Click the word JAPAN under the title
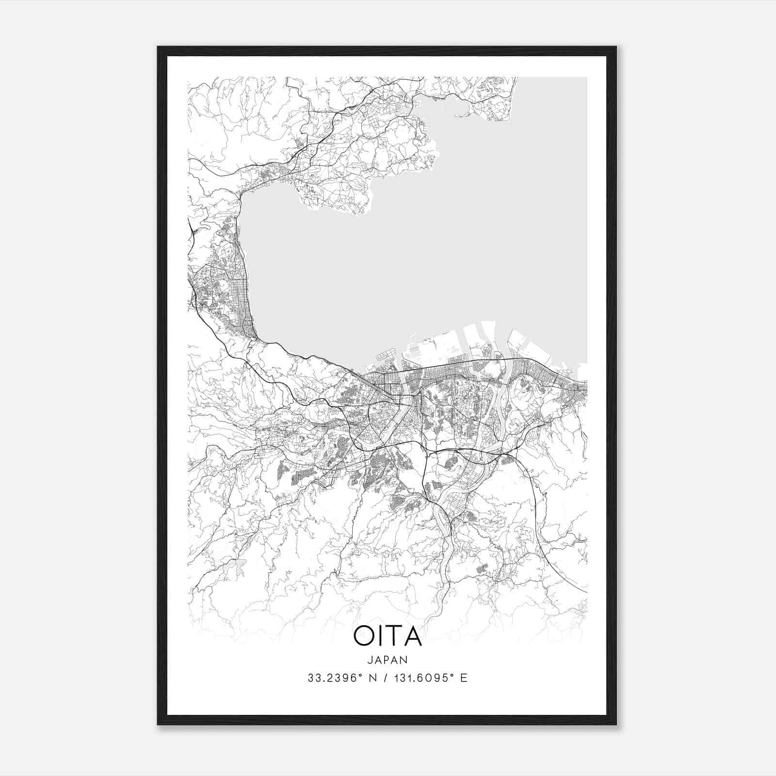tap(387, 660)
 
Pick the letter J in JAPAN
tap(370, 660)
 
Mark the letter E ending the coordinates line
tap(464, 678)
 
